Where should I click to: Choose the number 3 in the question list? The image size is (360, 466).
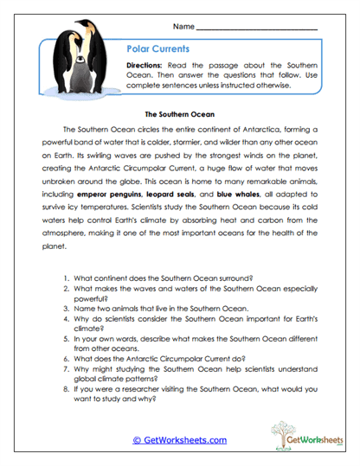pos(67,308)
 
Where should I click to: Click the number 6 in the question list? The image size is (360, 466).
pos(67,354)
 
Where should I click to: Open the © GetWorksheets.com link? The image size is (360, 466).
pos(179,440)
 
